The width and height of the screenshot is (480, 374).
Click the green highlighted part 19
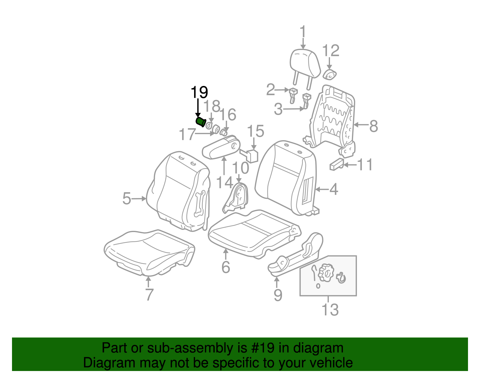point(200,122)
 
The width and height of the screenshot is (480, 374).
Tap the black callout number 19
point(199,93)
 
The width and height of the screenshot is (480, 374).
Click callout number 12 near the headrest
point(331,51)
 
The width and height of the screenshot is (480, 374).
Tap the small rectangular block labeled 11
point(336,164)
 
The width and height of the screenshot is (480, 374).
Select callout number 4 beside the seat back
point(334,190)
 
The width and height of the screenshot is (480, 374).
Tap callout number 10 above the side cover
point(240,168)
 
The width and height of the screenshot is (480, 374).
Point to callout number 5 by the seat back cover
point(127,199)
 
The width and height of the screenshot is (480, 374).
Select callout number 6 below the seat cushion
point(226,267)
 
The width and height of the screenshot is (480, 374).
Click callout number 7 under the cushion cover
point(149,295)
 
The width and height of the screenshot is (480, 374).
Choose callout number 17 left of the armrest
point(187,134)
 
